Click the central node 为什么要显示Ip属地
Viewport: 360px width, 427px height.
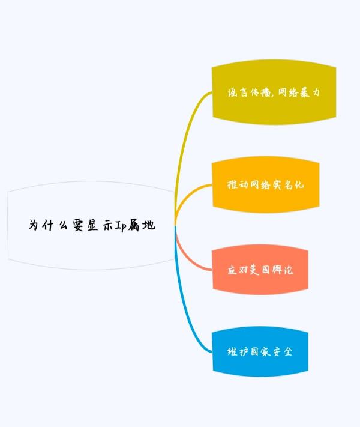(91, 226)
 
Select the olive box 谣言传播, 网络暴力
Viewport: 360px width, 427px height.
(274, 93)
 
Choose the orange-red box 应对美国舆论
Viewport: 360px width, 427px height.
(260, 270)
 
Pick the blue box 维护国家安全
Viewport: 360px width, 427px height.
(260, 351)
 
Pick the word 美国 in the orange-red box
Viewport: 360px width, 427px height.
(260, 270)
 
